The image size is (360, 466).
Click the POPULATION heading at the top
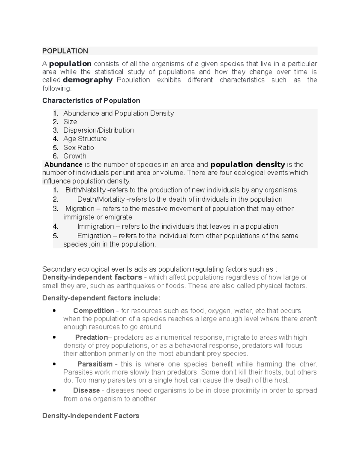[65, 51]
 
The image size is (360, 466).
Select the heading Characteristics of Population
[91, 101]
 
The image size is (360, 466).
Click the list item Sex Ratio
[79, 148]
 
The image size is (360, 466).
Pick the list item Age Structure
[85, 139]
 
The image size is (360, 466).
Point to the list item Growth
[75, 156]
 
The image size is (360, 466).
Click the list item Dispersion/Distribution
[98, 130]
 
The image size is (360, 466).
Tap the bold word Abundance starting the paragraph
[63, 164]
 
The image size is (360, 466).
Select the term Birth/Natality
[85, 190]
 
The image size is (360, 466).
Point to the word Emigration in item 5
[94, 236]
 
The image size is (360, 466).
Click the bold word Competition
[94, 311]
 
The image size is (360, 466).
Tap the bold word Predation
[91, 338]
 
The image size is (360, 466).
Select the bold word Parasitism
[95, 364]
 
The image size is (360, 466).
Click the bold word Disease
[86, 390]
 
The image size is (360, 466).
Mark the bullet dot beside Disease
[54, 390]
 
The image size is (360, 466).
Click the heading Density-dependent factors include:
[101, 298]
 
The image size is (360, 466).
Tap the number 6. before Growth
[55, 156]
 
